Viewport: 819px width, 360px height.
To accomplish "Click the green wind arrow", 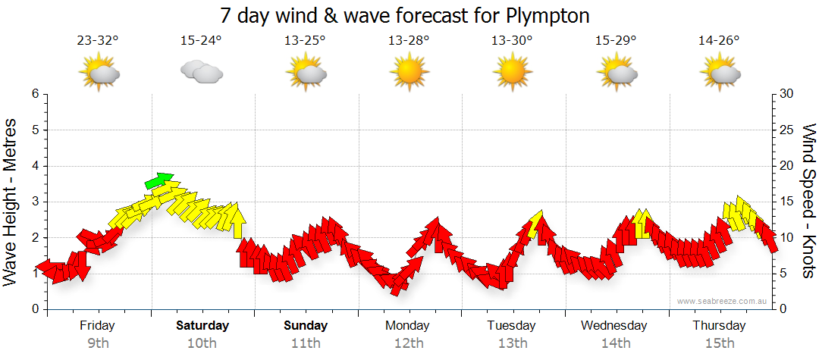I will [x=159, y=180].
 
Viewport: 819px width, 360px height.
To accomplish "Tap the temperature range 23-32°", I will [x=98, y=41].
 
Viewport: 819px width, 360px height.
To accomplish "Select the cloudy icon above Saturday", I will [x=202, y=73].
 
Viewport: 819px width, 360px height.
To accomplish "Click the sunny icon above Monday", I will [x=409, y=73].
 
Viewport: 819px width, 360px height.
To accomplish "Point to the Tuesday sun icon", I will [x=512, y=73].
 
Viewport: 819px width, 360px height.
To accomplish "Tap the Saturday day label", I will [x=202, y=326].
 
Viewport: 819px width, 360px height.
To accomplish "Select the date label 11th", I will [x=306, y=343].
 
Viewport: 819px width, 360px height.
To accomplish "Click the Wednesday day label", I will [x=614, y=326].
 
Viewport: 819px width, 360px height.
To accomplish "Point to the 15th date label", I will [x=719, y=343].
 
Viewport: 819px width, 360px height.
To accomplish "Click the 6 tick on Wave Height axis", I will [x=35, y=94].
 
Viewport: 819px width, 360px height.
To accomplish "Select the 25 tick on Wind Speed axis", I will [x=787, y=130].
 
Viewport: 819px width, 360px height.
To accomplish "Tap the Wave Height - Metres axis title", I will [x=12, y=202].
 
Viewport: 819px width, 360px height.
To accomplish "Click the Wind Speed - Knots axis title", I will [x=808, y=202].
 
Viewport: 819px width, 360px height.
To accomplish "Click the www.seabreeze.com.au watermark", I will [x=723, y=302].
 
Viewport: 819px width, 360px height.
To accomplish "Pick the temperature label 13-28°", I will [x=409, y=41].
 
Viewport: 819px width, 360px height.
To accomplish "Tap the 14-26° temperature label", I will [x=719, y=41].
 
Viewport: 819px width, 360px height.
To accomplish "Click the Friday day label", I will [x=97, y=326].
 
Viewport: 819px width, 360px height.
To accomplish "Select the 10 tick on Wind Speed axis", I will [x=787, y=238].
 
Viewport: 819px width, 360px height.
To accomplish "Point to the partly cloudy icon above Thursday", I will [x=719, y=73].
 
